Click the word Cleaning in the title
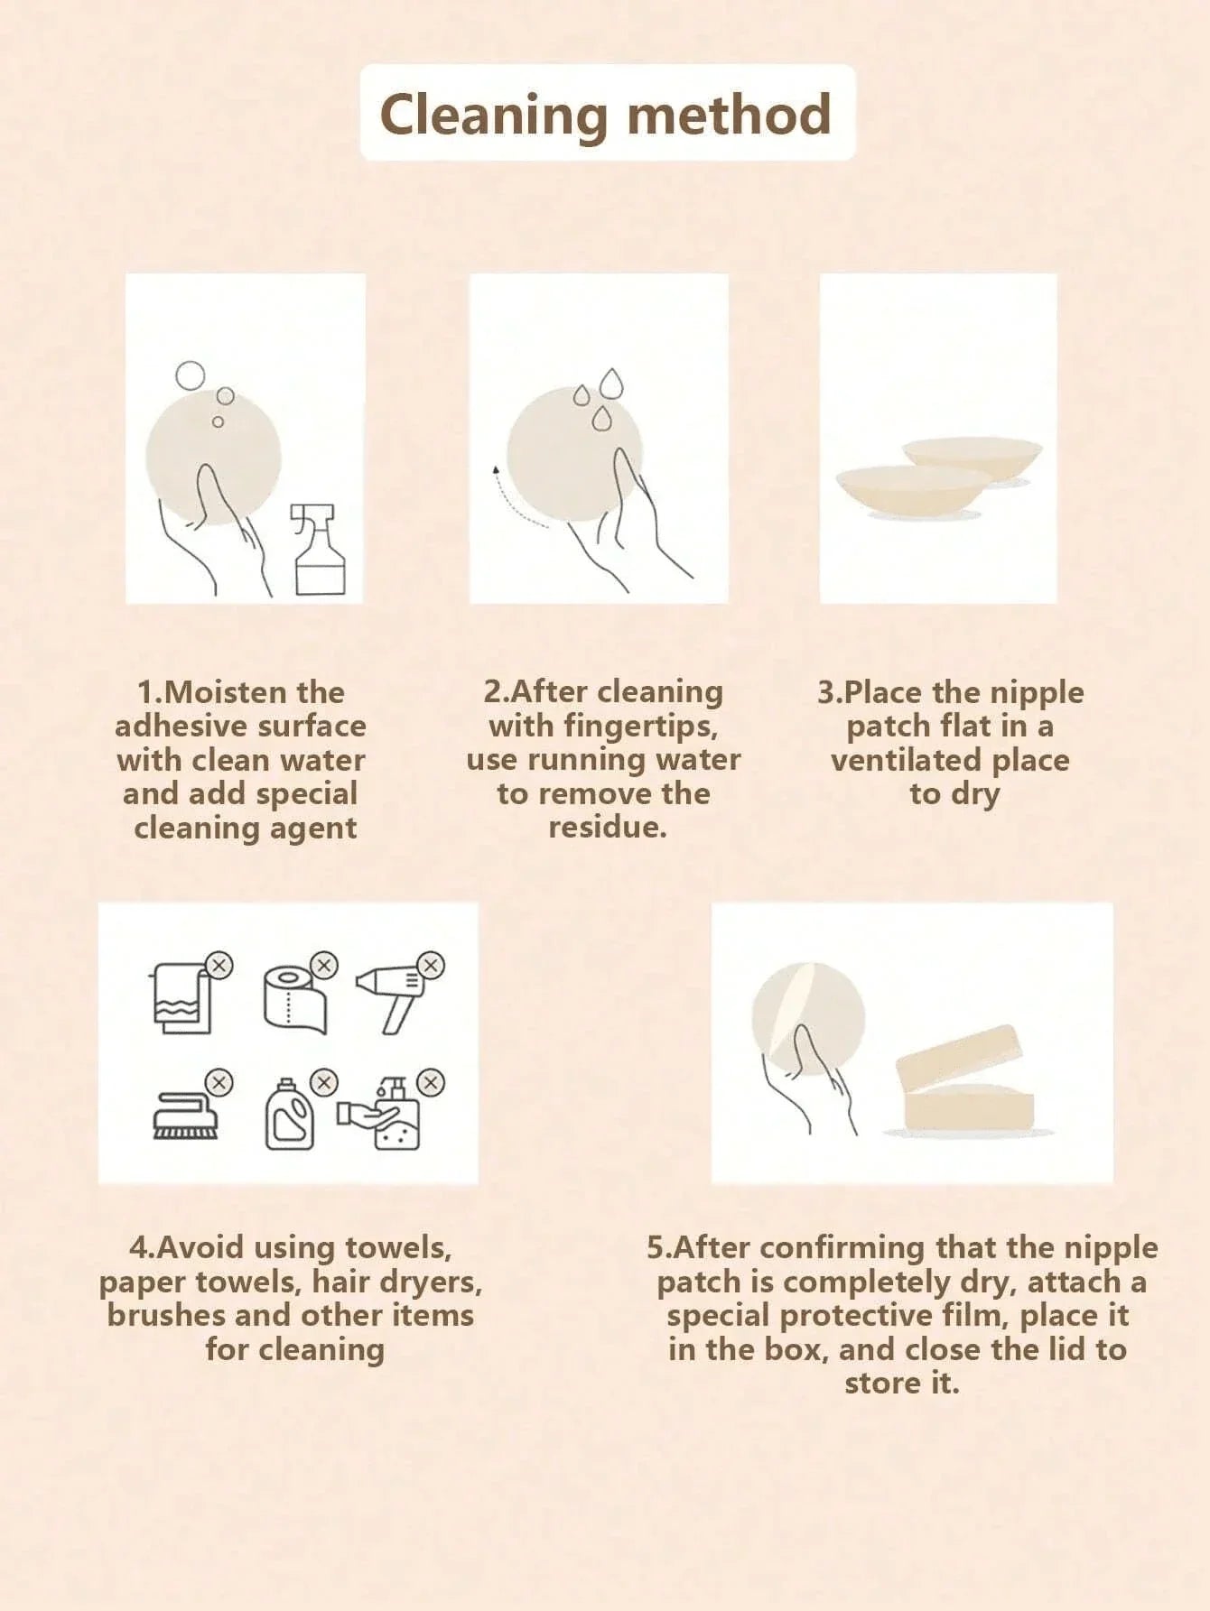(493, 116)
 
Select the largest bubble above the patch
(190, 375)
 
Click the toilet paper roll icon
(294, 998)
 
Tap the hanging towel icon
(182, 998)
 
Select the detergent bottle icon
(289, 1116)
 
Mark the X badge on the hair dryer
(432, 965)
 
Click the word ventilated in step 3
(906, 760)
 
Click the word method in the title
(728, 116)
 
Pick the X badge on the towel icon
(219, 965)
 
